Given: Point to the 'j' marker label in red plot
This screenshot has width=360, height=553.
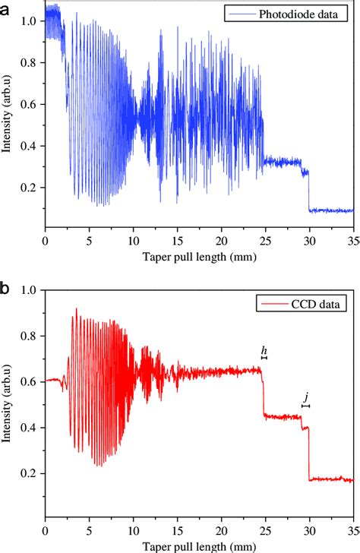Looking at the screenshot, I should [306, 397].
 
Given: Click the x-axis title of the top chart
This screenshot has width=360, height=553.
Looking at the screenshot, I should [199, 257].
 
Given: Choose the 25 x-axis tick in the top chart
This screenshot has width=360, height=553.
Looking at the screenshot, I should [265, 241].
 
